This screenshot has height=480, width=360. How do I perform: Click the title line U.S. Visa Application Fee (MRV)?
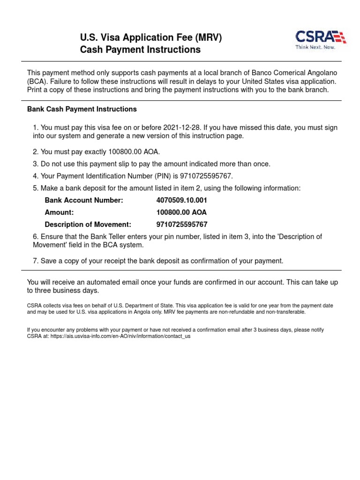tap(151, 37)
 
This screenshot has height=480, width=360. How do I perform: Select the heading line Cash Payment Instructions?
tap(140, 50)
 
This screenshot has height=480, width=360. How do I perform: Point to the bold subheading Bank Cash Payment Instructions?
tap(82, 109)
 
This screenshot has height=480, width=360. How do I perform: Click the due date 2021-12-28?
tap(182, 127)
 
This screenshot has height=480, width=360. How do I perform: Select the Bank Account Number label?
tap(84, 200)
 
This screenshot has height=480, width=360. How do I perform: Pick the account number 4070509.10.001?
tap(181, 200)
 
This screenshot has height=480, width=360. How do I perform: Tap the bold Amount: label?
tap(59, 212)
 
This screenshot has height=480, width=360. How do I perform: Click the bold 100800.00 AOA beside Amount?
tap(181, 212)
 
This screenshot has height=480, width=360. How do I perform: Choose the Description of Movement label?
tap(88, 225)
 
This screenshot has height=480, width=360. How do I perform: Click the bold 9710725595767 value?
tap(182, 225)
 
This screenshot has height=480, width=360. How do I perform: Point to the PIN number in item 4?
tap(209, 176)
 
